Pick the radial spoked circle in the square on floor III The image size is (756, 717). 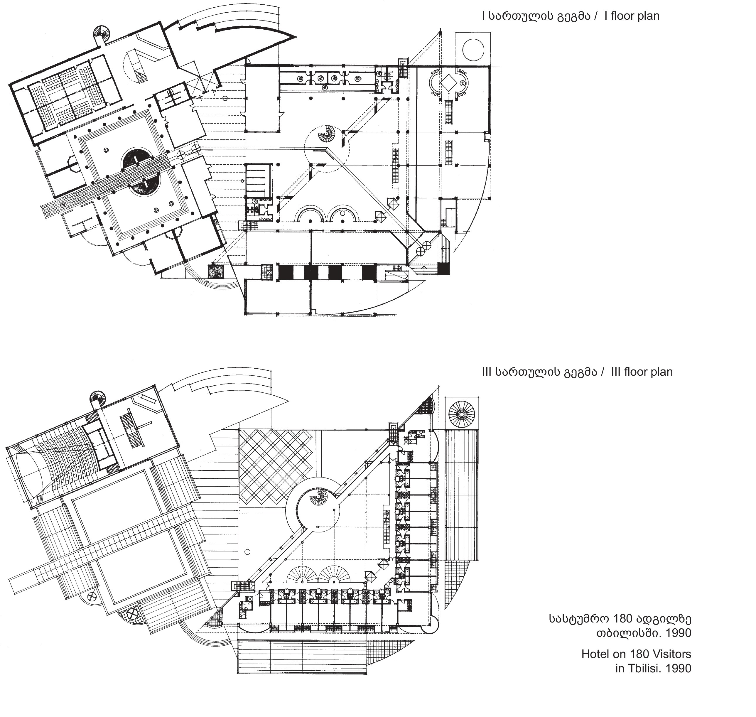tap(462, 414)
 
